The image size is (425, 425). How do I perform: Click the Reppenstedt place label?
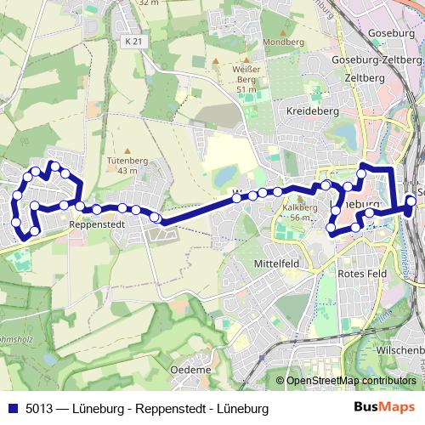100,225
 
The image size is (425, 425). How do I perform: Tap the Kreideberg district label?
314,111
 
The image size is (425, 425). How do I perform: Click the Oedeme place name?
190,370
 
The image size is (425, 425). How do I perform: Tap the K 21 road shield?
132,41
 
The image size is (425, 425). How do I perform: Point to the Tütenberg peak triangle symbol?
123,146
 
